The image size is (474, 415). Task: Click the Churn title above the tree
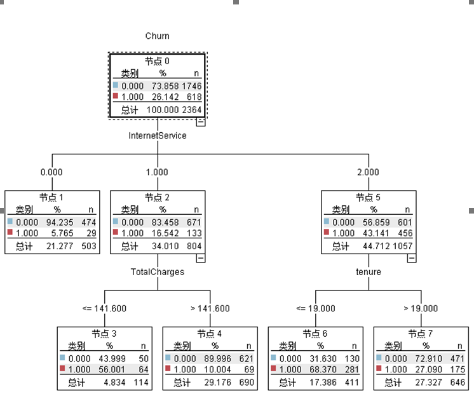[157, 36]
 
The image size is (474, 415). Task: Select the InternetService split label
[158, 136]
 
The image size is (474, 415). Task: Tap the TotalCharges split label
[158, 272]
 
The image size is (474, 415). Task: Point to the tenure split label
[369, 272]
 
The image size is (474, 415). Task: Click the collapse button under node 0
[201, 122]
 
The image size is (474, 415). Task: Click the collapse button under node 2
[201, 259]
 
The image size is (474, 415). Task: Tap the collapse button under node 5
[412, 259]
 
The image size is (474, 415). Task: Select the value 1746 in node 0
[192, 86]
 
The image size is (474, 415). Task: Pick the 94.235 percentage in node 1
[60, 222]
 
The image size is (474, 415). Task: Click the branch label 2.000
[368, 172]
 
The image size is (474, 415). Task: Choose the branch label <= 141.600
[104, 309]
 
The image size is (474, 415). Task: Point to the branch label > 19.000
[421, 309]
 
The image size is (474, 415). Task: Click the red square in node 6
[274, 368]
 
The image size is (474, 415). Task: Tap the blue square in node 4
[168, 358]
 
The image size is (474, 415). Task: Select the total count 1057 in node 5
[403, 246]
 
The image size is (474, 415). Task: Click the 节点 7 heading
[421, 334]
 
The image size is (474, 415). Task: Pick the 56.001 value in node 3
[112, 370]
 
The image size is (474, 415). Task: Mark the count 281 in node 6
[352, 370]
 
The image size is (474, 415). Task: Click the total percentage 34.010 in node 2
[165, 246]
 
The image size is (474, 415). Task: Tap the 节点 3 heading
[104, 334]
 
